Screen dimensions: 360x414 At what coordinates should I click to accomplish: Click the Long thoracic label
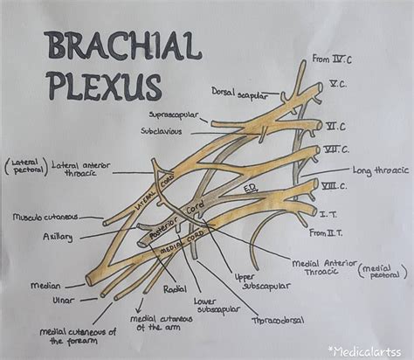pyautogui.click(x=376, y=170)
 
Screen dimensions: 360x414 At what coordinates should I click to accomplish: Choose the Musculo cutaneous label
pyautogui.click(x=45, y=216)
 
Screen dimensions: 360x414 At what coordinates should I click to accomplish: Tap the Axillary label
pyautogui.click(x=58, y=236)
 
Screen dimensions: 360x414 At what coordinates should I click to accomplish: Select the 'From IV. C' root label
pyautogui.click(x=332, y=59)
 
